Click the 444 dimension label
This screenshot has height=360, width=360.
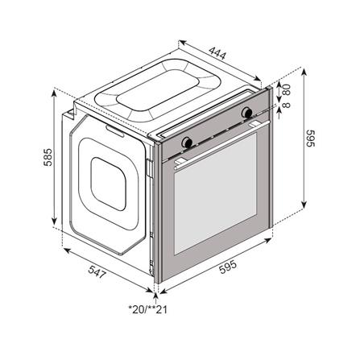coord(217,53)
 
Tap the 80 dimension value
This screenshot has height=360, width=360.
coord(287,89)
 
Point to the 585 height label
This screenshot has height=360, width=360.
coord(48,157)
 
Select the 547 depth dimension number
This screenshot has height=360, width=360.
coord(97,271)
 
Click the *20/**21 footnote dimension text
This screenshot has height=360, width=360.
coord(148,309)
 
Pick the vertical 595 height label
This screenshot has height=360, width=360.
coord(310,139)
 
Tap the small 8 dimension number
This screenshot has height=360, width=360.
coord(287,104)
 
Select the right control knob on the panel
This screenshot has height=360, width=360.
coord(246,112)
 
